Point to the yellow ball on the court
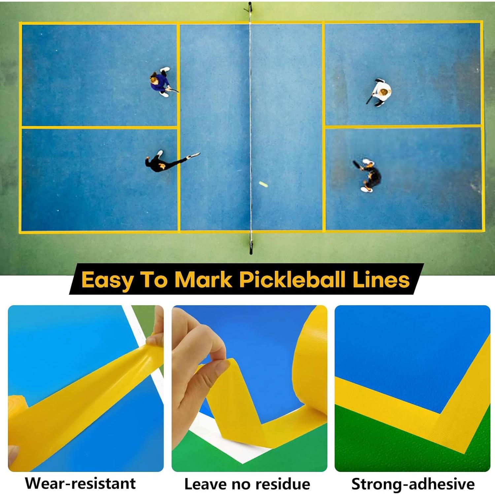click(263, 184)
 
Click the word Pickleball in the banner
click(292, 280)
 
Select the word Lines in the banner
click(381, 280)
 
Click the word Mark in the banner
click(203, 280)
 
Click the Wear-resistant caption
click(80, 483)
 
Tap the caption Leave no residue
click(247, 484)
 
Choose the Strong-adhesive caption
click(413, 484)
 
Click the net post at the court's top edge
click(250, 8)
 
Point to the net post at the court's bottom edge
click(251, 246)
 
